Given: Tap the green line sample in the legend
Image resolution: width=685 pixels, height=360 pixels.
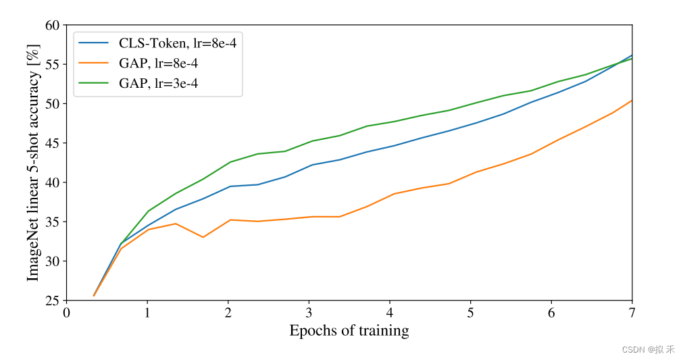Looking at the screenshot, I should [x=93, y=84].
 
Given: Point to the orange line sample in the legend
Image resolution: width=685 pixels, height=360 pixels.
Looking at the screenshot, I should [x=93, y=63].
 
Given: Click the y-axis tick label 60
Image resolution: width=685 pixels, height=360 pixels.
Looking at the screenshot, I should [x=52, y=26].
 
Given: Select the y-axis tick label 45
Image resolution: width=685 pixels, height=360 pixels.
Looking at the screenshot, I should [x=52, y=143].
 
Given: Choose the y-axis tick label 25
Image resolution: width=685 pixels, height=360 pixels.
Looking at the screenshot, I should [x=52, y=301].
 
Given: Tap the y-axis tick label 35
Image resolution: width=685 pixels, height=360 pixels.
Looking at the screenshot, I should [x=52, y=222].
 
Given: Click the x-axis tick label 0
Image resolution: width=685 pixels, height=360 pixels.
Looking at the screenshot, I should [x=66, y=313].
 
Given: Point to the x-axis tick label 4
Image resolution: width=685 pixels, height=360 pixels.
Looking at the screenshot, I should [x=390, y=313].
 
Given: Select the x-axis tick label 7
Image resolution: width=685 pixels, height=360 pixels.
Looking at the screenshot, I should [x=632, y=313].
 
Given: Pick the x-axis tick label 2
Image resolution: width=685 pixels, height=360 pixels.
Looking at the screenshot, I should [x=228, y=313].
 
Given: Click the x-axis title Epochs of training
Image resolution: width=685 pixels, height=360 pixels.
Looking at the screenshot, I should [x=349, y=330].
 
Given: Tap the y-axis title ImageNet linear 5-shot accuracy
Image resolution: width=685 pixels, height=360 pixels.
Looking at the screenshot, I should [x=33, y=163].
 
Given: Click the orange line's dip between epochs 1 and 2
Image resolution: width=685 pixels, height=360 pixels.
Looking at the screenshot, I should [x=203, y=237].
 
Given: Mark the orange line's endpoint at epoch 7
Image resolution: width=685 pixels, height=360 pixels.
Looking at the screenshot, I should [x=632, y=101].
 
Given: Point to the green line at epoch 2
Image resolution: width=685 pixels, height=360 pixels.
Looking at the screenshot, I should [x=228, y=162].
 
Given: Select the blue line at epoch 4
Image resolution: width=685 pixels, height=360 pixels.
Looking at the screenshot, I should [x=390, y=147].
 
